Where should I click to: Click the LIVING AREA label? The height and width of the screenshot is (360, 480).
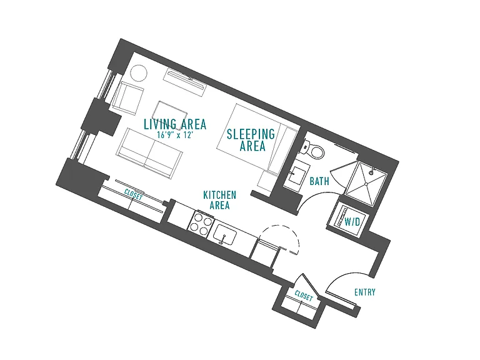point(175,124)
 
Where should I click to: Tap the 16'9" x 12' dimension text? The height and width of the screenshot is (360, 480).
point(175,135)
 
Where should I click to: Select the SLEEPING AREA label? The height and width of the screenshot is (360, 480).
point(251,140)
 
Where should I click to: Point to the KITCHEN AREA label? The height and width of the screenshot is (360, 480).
point(219,200)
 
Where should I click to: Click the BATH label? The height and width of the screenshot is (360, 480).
point(319,181)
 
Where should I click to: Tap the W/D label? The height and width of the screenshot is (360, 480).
point(352,221)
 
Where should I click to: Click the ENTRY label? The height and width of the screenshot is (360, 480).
point(364,292)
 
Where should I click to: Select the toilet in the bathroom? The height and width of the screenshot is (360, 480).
point(314,149)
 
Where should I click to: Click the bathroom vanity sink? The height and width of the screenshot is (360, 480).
point(296,175)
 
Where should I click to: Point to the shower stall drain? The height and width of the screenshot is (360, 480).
point(366,184)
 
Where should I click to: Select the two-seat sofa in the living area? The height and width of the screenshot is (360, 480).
point(149,153)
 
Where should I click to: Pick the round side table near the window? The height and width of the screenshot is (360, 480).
point(139,73)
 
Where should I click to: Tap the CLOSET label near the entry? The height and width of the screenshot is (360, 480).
point(304,296)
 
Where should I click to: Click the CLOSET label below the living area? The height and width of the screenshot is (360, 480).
point(134,195)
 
